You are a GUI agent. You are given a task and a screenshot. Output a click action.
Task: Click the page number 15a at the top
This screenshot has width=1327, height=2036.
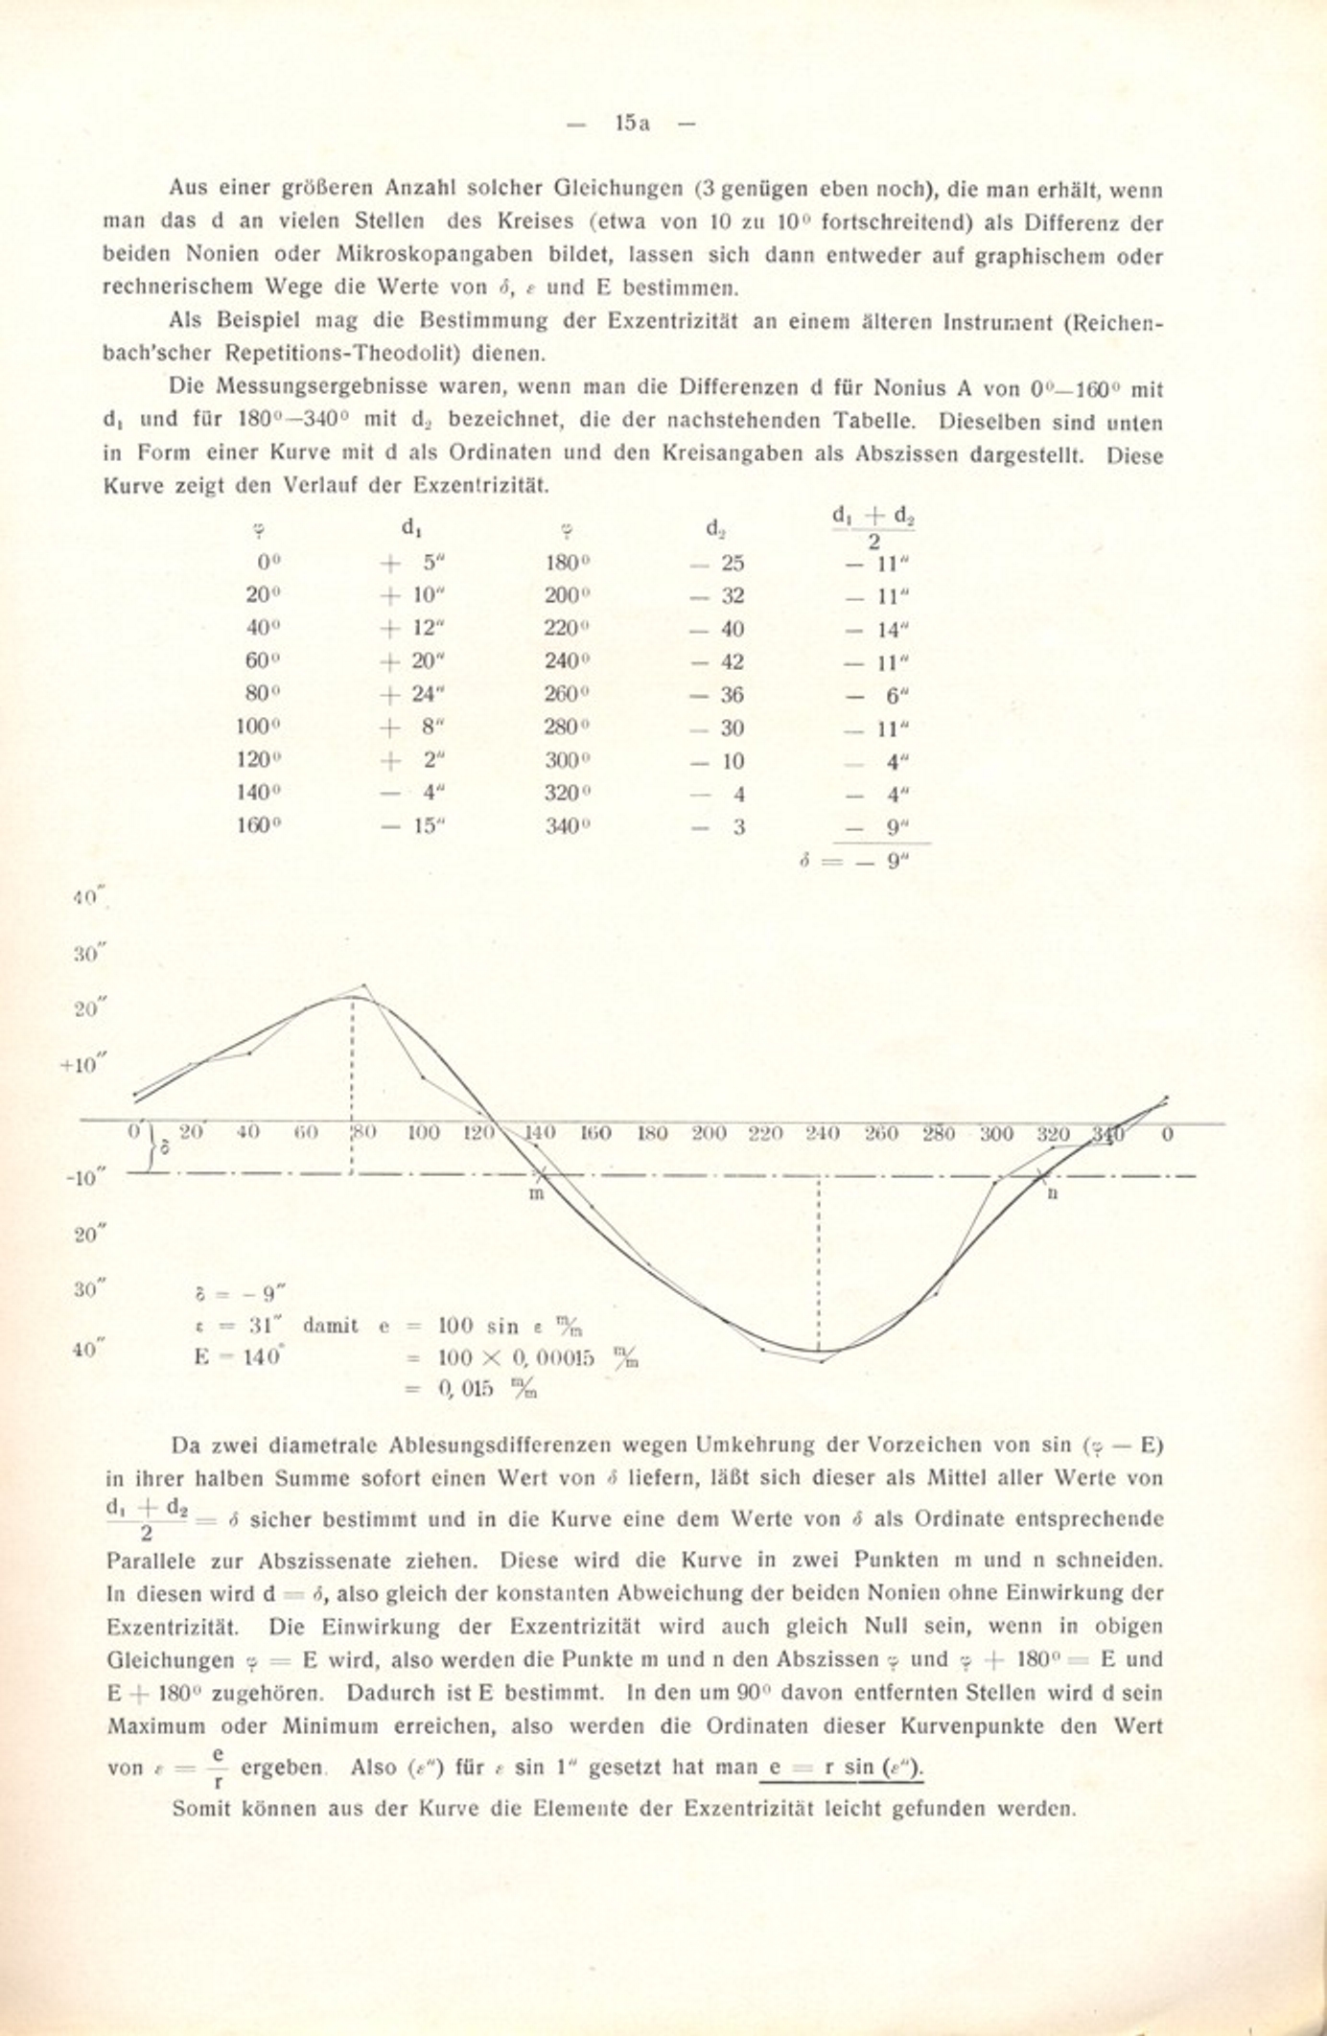pyautogui.click(x=633, y=124)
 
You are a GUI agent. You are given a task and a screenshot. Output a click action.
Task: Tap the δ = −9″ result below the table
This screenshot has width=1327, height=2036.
pyautogui.click(x=852, y=860)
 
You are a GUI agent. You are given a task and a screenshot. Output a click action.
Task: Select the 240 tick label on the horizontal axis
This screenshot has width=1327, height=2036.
pyautogui.click(x=823, y=1133)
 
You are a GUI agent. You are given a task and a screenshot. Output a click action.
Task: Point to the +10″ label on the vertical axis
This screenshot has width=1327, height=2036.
pyautogui.click(x=84, y=1065)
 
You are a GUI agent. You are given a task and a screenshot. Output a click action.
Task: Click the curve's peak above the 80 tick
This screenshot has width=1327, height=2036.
pyautogui.click(x=352, y=998)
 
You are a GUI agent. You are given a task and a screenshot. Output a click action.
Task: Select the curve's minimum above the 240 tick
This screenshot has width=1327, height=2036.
pyautogui.click(x=819, y=1353)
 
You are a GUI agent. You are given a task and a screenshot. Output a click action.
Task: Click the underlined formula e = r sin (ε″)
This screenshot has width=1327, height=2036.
pyautogui.click(x=844, y=1767)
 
